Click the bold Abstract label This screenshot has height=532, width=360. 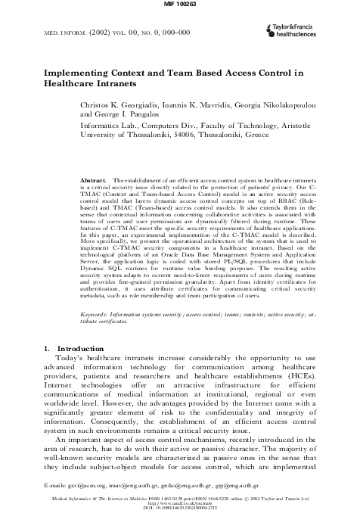(x=92, y=181)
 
